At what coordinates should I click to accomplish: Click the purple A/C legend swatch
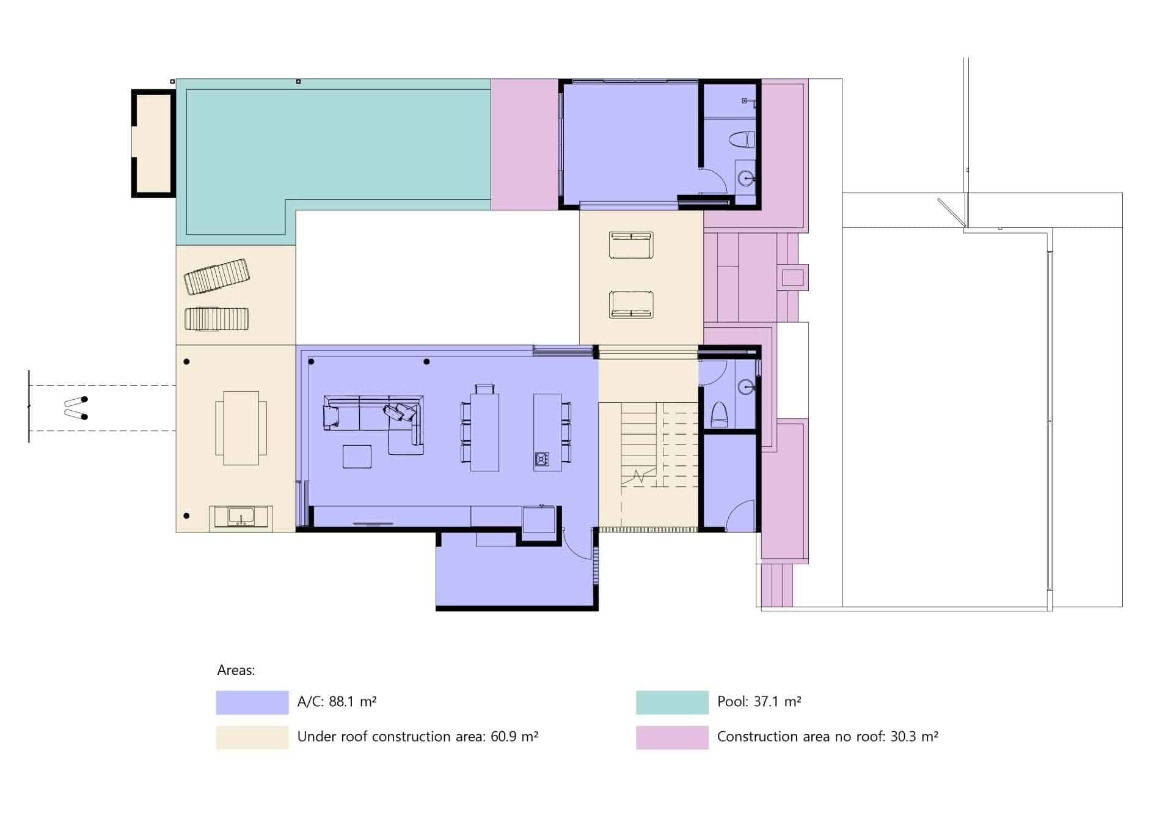[252, 702]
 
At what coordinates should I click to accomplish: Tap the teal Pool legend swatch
[672, 702]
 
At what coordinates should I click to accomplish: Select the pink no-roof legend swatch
[672, 737]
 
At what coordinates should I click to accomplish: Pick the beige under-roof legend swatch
[252, 737]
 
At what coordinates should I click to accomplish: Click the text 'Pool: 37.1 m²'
[759, 702]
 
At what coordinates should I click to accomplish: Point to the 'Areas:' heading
[236, 670]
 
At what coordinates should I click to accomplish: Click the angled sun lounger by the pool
[217, 276]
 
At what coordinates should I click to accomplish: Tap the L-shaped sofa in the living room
[373, 424]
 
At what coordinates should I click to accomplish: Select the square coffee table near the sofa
[357, 457]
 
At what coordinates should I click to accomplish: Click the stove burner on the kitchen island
[542, 459]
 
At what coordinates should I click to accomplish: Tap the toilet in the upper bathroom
[742, 139]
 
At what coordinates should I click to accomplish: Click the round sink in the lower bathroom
[747, 386]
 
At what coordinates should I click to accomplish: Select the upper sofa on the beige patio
[631, 245]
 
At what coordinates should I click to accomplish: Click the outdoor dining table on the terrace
[241, 428]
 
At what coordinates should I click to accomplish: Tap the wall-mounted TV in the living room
[373, 524]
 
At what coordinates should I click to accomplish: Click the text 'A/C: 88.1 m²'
[337, 702]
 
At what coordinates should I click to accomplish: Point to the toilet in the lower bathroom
[719, 415]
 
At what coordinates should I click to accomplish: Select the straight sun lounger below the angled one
[217, 319]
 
